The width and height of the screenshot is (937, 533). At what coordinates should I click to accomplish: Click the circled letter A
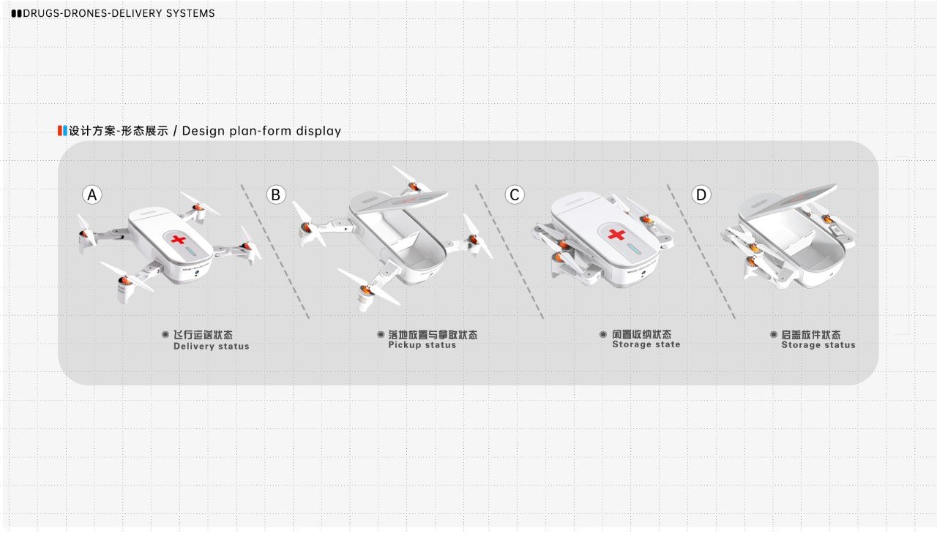coord(92,195)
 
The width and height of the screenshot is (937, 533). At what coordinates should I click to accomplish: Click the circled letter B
coord(275,195)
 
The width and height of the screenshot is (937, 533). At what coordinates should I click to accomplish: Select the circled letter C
coord(515,195)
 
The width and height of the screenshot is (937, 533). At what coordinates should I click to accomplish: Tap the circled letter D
coord(701,195)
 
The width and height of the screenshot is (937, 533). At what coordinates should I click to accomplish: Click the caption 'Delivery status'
coord(211,347)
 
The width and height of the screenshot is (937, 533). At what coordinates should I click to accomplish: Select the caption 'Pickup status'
coord(422,345)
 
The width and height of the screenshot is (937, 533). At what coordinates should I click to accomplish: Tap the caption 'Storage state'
coord(646,344)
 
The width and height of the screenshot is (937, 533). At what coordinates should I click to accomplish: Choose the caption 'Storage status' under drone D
coord(818,345)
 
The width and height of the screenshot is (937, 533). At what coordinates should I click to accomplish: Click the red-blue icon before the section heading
coord(62,131)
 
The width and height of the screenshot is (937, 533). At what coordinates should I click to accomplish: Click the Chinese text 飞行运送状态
coord(203,335)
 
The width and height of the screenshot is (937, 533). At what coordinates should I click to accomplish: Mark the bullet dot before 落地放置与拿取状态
coord(381,334)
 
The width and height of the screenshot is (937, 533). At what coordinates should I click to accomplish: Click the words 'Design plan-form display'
coord(261,132)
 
